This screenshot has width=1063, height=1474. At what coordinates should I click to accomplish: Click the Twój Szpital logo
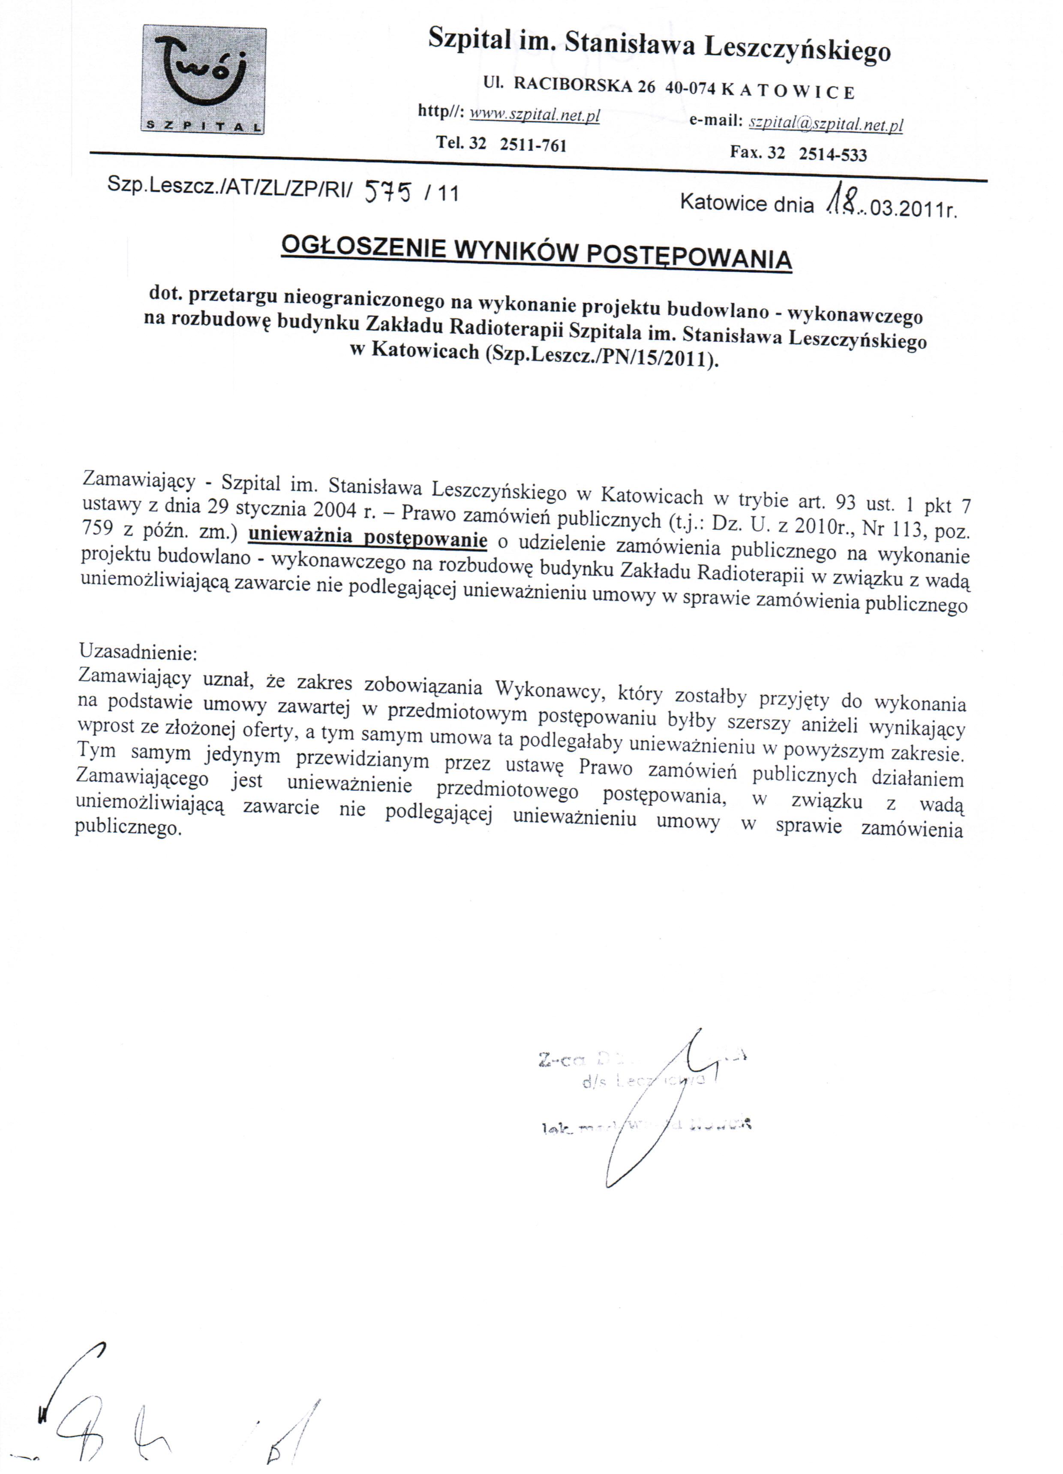pyautogui.click(x=203, y=80)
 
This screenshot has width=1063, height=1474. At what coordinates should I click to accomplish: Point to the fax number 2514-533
pyautogui.click(x=832, y=154)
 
